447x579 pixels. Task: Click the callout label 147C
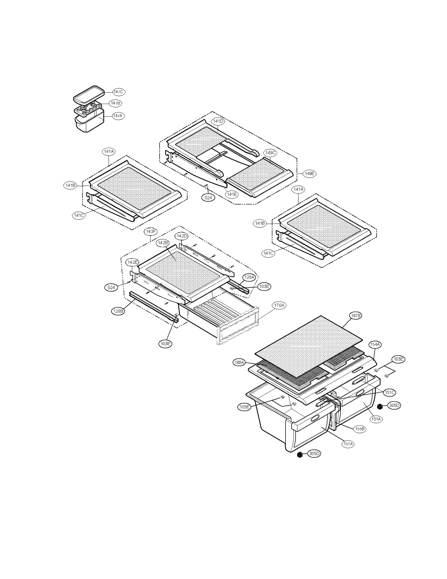click(118, 92)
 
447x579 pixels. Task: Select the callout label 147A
click(118, 116)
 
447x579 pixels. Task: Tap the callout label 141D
click(218, 121)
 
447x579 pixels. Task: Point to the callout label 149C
click(270, 153)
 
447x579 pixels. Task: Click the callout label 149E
click(310, 173)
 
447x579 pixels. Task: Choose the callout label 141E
click(232, 194)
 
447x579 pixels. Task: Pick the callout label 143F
click(151, 231)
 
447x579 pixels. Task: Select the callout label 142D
click(182, 236)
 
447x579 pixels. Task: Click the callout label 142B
click(163, 243)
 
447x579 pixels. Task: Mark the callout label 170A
click(279, 306)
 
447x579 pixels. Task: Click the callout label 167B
click(356, 315)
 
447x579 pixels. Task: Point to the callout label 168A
click(239, 363)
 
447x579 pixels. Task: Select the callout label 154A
click(375, 345)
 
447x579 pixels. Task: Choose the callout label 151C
click(389, 393)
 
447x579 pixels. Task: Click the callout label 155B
click(360, 429)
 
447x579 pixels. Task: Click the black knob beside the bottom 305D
click(300, 455)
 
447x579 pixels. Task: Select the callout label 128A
click(249, 277)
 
